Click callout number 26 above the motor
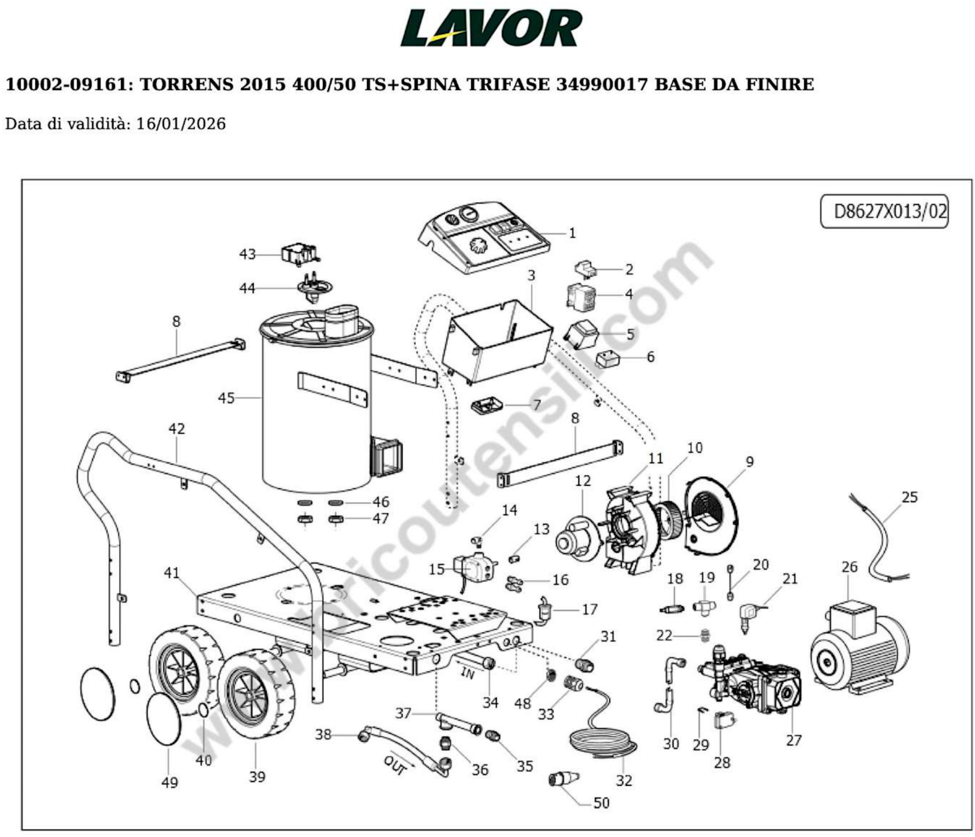pyautogui.click(x=849, y=567)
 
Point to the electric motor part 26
pyautogui.click(x=859, y=652)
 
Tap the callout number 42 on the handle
pyautogui.click(x=177, y=429)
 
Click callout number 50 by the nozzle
pyautogui.click(x=601, y=803)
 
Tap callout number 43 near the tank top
pyautogui.click(x=247, y=254)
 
